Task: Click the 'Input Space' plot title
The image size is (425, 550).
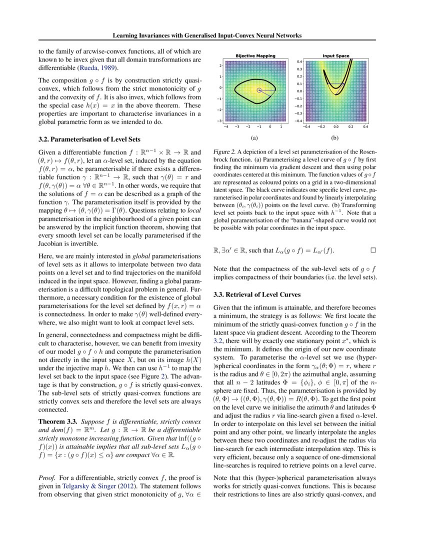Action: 336,55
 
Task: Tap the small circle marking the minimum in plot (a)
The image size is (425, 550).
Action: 259,90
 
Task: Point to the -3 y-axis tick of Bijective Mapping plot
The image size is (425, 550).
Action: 220,121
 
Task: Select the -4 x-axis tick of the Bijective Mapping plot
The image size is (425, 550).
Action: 226,127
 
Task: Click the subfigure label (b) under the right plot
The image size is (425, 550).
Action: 335,136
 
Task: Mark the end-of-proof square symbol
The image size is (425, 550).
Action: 372,248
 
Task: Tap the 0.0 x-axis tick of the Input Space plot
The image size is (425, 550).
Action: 336,127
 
